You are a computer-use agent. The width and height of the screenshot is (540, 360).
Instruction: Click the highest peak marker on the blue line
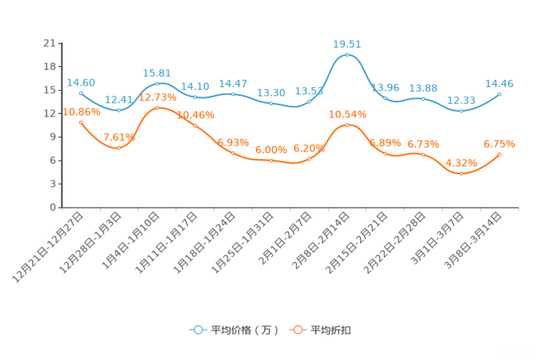[348, 54]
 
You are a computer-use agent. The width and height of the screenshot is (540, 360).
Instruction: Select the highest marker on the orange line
[157, 107]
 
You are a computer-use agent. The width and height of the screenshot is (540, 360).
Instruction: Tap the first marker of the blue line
[81, 93]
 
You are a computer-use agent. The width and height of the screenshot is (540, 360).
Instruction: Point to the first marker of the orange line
[81, 122]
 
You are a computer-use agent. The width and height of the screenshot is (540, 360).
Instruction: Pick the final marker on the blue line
[500, 94]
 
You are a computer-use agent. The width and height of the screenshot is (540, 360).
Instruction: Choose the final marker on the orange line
[500, 155]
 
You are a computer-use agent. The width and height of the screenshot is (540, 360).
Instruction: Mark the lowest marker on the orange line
[462, 173]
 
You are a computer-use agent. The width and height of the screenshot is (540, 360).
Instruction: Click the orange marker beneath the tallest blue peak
[348, 126]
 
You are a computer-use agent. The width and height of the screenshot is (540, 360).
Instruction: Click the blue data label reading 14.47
[233, 83]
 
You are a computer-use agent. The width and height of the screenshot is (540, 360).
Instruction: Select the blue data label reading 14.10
[195, 86]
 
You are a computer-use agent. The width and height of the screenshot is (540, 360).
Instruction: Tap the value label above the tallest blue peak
[348, 44]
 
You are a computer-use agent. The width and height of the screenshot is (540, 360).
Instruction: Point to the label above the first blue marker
[81, 82]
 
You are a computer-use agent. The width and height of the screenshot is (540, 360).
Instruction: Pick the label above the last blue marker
[500, 83]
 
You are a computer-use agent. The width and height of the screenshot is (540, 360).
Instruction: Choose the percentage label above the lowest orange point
[462, 162]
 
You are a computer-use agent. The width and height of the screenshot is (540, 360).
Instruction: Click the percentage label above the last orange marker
[500, 144]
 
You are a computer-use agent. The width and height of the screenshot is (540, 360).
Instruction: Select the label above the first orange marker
[81, 112]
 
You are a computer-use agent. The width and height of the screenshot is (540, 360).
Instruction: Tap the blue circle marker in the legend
[197, 330]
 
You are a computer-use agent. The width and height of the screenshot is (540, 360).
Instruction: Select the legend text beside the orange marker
[332, 330]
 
